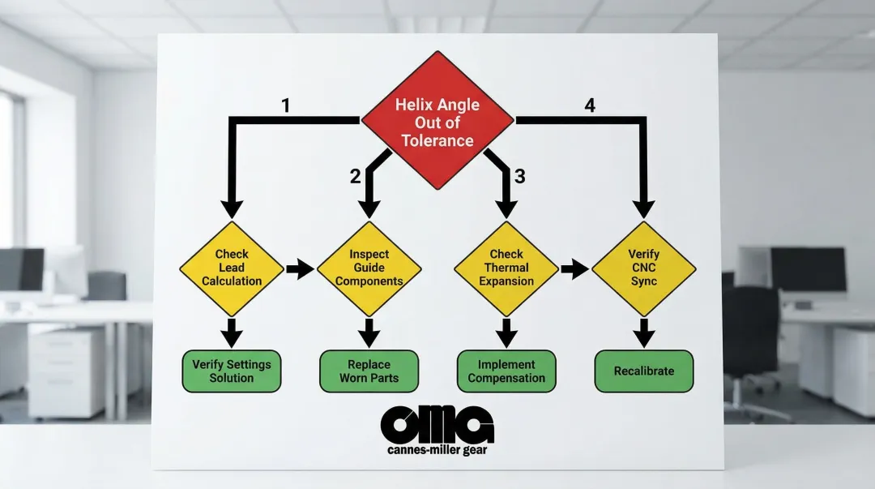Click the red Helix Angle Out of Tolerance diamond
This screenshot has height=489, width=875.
(437, 122)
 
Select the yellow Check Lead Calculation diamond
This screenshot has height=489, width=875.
(232, 268)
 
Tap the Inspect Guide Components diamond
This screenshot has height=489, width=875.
(369, 268)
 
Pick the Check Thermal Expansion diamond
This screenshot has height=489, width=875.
(507, 268)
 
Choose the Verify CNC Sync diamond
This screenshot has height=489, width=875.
(644, 268)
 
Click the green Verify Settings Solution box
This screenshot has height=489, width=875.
(232, 371)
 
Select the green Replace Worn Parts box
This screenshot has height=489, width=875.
(369, 371)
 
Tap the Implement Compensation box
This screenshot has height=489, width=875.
(507, 371)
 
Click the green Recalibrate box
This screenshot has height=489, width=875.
(644, 371)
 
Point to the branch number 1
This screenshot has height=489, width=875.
(285, 105)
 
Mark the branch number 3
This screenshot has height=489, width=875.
(519, 176)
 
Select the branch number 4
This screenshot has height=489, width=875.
(589, 105)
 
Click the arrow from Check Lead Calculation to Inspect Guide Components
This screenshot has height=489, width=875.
(301, 269)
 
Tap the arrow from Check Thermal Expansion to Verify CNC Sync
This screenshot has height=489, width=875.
(575, 269)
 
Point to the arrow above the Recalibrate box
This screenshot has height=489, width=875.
(644, 331)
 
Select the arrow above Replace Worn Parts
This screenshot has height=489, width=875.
(369, 331)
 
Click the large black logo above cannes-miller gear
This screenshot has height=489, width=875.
(437, 424)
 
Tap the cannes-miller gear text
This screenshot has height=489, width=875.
(437, 449)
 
